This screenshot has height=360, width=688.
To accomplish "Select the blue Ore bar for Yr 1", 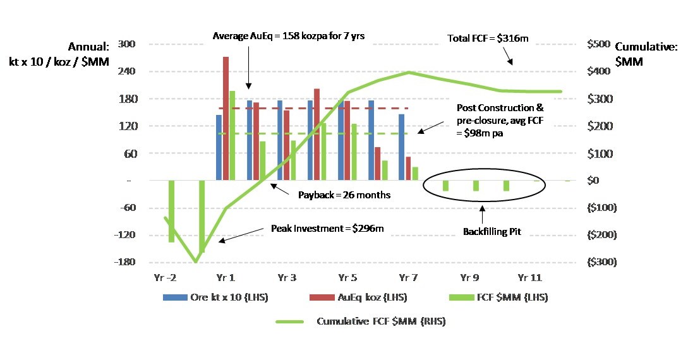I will point(219,148).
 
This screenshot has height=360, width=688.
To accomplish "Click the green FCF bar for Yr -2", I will point(171,211).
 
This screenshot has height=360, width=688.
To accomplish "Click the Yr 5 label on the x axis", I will point(347,277).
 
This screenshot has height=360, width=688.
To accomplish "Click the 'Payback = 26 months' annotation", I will point(344,195).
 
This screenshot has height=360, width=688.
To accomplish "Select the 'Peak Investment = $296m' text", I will point(327,229).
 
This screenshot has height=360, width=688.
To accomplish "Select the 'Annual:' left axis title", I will point(88,47).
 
